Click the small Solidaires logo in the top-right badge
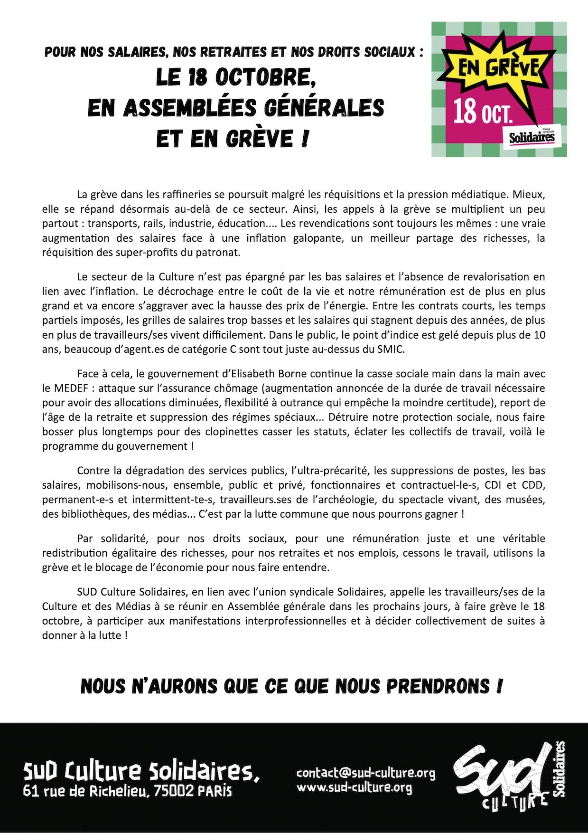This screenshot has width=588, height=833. pyautogui.click(x=532, y=137)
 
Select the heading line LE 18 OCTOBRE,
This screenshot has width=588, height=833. pyautogui.click(x=236, y=78)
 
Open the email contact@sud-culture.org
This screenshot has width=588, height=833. pyautogui.click(x=365, y=773)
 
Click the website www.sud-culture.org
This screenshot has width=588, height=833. pyautogui.click(x=354, y=788)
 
